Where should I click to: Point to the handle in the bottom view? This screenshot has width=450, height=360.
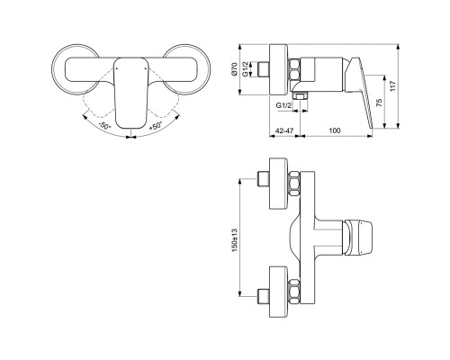tap(361, 238)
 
